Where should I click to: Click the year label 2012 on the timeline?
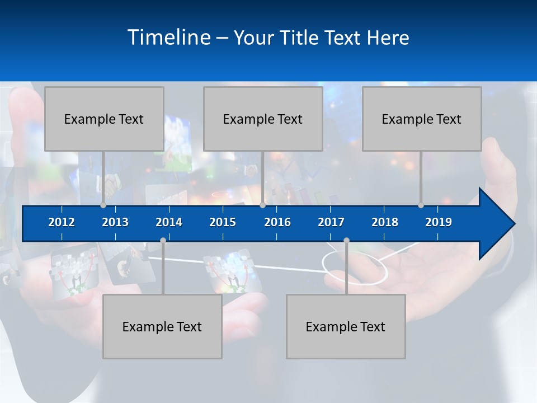click(62, 222)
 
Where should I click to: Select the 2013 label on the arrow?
click(115, 222)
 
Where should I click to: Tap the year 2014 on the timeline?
click(169, 222)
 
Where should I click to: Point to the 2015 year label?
click(223, 222)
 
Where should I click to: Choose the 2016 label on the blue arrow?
click(277, 222)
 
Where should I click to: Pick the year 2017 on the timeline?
click(331, 222)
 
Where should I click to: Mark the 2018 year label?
click(385, 222)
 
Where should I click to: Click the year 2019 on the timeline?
click(439, 222)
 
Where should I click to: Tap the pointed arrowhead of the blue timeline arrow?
click(498, 224)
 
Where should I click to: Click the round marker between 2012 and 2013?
click(103, 205)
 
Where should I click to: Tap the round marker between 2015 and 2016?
click(262, 205)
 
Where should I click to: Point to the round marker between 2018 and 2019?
click(421, 205)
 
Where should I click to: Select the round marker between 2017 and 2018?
click(346, 241)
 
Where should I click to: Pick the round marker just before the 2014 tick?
click(163, 241)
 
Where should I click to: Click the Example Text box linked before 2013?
click(104, 119)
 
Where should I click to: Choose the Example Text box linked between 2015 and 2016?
click(263, 119)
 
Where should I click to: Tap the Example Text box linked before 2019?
click(422, 119)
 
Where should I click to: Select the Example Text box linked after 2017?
click(346, 326)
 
